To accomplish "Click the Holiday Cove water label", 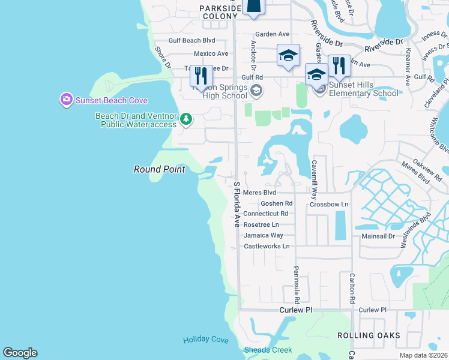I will (206, 340).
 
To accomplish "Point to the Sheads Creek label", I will (268, 350).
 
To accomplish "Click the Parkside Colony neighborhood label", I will (220, 12).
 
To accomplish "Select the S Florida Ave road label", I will (237, 204).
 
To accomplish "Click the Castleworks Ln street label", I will (267, 246).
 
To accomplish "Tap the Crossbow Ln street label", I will (329, 204).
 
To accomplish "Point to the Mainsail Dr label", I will (378, 236).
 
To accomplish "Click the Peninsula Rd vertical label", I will (296, 284).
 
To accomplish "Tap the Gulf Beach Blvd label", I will (191, 41).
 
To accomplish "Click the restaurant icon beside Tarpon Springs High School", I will (201, 76).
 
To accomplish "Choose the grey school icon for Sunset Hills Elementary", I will (320, 89).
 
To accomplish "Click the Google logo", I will (20, 353).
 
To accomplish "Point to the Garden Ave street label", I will (272, 34).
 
